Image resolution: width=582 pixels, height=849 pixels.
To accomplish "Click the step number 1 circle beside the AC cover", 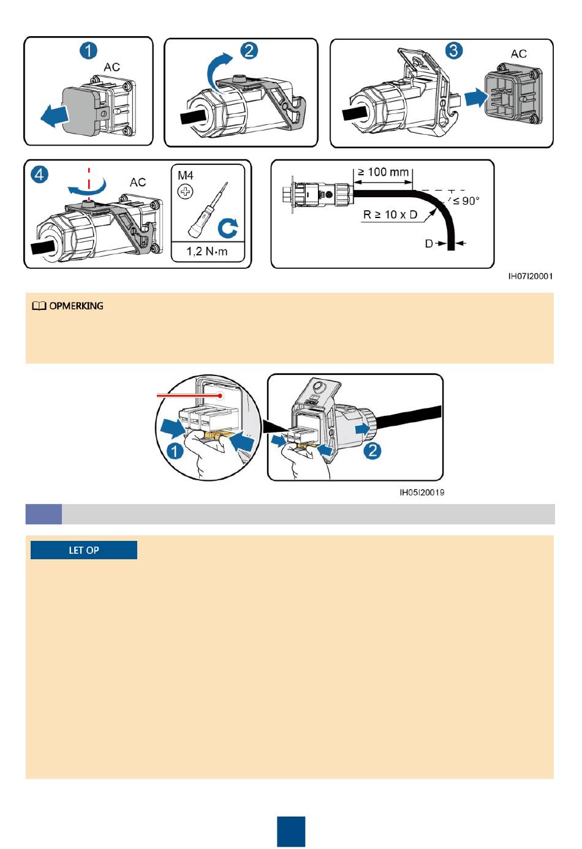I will pos(89,50).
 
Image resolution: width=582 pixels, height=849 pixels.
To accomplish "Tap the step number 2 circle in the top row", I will pos(249,50).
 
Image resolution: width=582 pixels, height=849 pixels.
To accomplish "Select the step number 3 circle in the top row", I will pos(453,50).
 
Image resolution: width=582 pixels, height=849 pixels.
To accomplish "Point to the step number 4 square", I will pos(39,175).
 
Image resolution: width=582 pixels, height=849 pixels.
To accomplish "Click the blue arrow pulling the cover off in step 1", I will pos(53,115).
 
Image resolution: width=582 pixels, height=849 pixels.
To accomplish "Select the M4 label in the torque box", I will pos(186,176).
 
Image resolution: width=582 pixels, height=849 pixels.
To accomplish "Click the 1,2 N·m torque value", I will pos(207,251).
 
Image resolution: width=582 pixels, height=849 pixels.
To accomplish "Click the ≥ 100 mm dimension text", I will pos(384,173).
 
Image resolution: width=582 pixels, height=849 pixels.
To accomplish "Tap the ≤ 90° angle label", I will pos(466,201).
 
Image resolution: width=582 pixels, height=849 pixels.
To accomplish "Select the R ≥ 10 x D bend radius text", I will pos(390,215).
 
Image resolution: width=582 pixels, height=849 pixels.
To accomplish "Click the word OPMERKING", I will pos(76,306).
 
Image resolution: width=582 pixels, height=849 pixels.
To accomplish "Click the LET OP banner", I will pos(84,550).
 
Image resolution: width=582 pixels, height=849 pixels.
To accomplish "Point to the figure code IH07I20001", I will pos(531,276).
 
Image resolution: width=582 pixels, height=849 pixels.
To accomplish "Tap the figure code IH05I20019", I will pos(422,492).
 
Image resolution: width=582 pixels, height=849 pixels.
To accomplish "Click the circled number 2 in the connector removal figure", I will pos(372,451).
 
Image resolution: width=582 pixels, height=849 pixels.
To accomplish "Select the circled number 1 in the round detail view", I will pos(175,451).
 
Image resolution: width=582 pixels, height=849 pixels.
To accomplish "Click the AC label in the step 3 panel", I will pos(519,54).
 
